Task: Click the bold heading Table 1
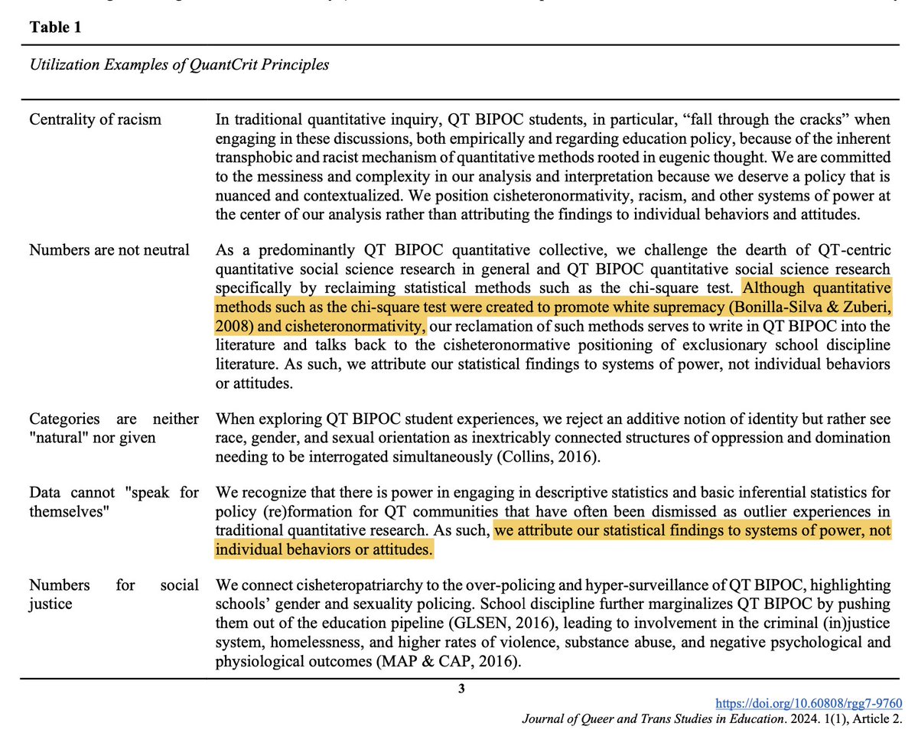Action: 54,28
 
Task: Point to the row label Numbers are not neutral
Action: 109,250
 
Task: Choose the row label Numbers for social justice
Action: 113,595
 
